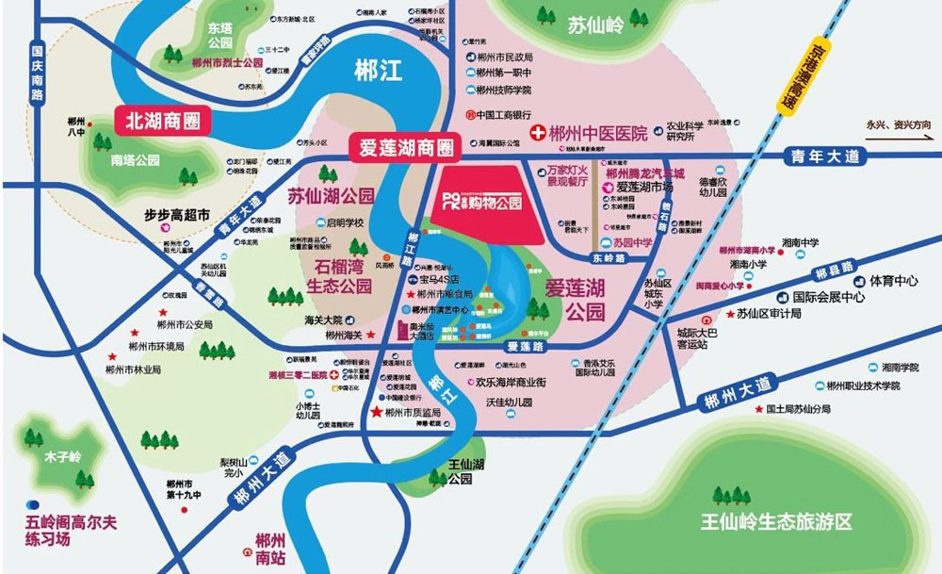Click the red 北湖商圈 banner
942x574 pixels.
(161, 121)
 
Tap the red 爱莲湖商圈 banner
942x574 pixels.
(402, 148)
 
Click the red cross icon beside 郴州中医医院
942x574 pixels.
(539, 133)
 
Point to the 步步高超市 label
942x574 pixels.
(175, 215)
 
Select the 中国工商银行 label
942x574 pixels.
(516, 116)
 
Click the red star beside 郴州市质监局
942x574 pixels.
(377, 413)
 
